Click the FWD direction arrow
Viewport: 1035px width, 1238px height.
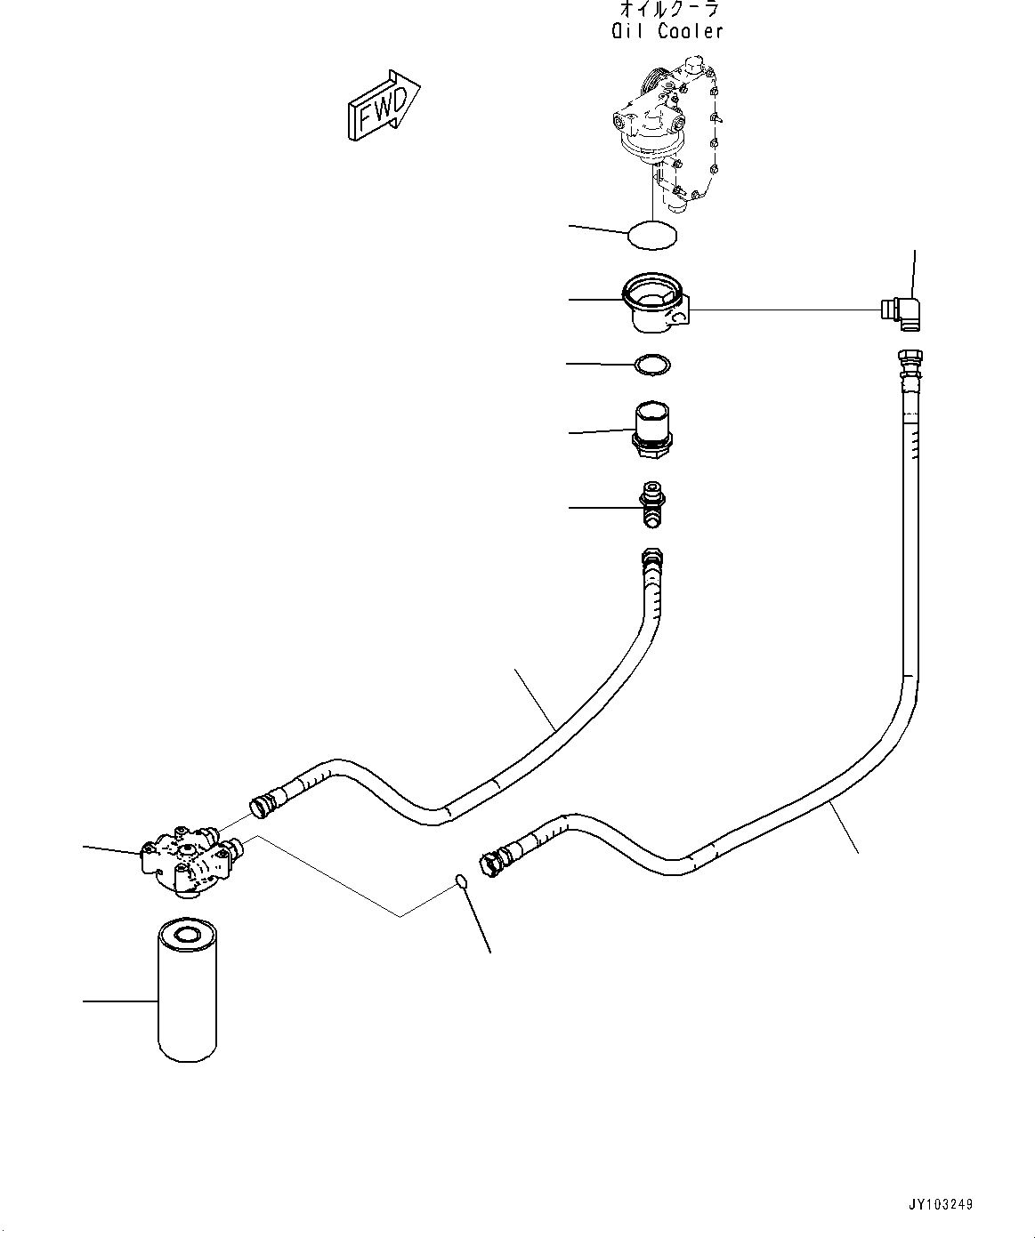pos(384,106)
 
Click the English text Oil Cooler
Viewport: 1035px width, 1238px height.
pos(667,31)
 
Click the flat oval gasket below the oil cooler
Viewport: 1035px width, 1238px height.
pos(652,236)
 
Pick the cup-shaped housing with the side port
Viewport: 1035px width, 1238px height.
pos(657,303)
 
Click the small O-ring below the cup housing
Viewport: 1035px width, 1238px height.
pos(652,365)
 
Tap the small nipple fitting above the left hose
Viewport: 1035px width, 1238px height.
pos(652,505)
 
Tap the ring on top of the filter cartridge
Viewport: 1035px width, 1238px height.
pos(187,934)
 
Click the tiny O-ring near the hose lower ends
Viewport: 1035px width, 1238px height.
pos(460,881)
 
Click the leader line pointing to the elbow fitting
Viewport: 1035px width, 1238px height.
pos(914,276)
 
